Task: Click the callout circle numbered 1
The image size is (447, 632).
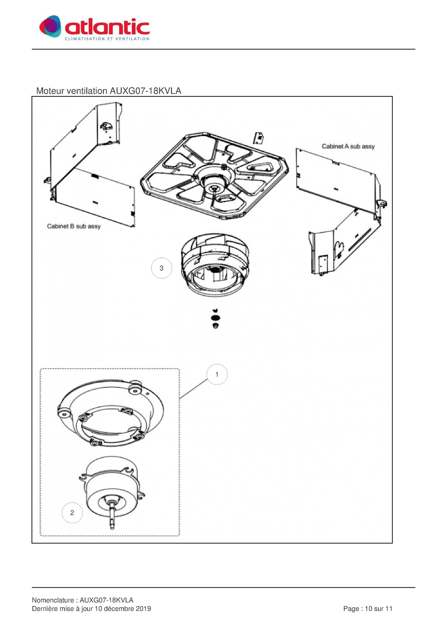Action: point(217,374)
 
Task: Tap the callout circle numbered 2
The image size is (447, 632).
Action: point(72,513)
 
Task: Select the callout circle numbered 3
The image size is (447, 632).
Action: point(161,268)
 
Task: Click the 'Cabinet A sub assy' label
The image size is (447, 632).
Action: point(348,146)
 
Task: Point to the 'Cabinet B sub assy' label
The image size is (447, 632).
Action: point(74,226)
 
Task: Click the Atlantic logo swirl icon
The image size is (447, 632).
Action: point(50,26)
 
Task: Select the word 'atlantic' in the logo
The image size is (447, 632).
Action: point(107,27)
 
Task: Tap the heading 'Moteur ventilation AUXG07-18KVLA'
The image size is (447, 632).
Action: point(109,91)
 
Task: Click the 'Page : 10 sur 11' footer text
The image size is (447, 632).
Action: point(368,609)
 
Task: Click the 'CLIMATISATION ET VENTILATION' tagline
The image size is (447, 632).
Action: point(107,39)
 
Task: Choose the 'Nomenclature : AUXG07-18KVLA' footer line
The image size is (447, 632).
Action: point(83,600)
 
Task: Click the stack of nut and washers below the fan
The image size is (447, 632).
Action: point(216,319)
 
